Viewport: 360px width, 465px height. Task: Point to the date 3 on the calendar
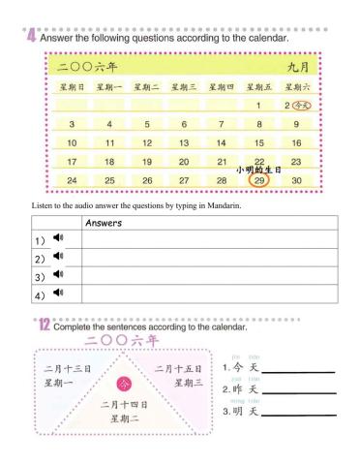[72, 124]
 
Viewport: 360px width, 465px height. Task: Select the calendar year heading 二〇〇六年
[87, 68]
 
